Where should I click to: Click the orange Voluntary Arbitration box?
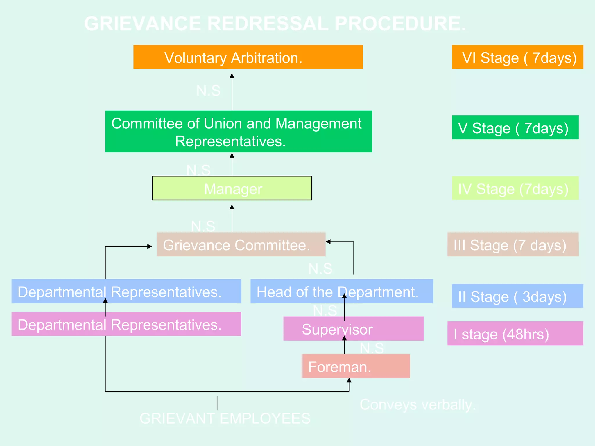pyautogui.click(x=248, y=57)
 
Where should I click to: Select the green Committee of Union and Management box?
pyautogui.click(x=239, y=132)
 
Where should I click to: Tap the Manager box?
pyautogui.click(x=232, y=188)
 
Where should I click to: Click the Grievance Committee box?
pyautogui.click(x=241, y=244)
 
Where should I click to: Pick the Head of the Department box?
pyautogui.click(x=342, y=291)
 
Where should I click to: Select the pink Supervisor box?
pyautogui.click(x=353, y=329)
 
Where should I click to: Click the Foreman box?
pyautogui.click(x=356, y=366)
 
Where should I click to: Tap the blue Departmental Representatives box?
pyautogui.click(x=126, y=291)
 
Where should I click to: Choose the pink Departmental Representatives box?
pyautogui.click(x=126, y=324)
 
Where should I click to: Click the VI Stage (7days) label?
pyautogui.click(x=517, y=57)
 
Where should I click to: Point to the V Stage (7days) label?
pyautogui.click(x=515, y=127)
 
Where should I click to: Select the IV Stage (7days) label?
pyautogui.click(x=515, y=188)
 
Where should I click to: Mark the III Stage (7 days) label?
pyautogui.click(x=513, y=244)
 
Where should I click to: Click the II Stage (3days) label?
pyautogui.click(x=517, y=296)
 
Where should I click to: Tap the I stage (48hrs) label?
pyautogui.click(x=515, y=333)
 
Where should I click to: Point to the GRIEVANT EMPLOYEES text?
pyautogui.click(x=225, y=418)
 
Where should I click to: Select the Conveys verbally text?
pyautogui.click(x=417, y=404)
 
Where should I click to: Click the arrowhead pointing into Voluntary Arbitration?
pyautogui.click(x=232, y=76)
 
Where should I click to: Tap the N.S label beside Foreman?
pyautogui.click(x=372, y=348)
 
